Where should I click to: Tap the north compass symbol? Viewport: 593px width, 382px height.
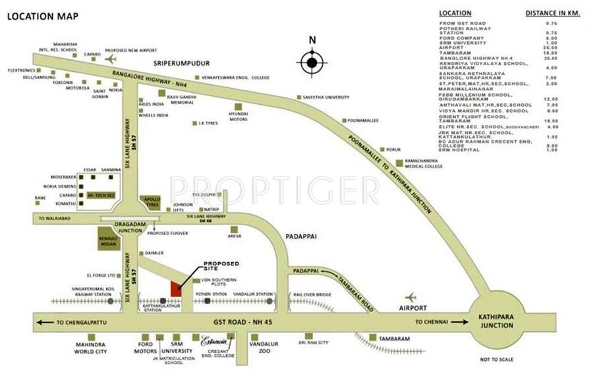coord(312,63)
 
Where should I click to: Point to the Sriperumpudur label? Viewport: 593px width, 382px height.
coord(181,63)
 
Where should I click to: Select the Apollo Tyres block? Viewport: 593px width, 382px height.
coord(151,201)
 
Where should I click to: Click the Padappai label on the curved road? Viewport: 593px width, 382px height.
coord(306,270)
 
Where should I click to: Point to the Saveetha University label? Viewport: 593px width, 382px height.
coord(325,97)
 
